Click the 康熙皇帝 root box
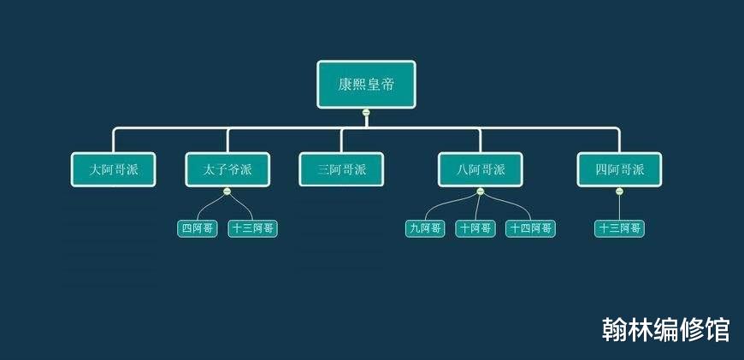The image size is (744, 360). click(x=366, y=85)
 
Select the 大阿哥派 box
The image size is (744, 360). click(x=114, y=169)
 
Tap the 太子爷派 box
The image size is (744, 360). click(x=227, y=169)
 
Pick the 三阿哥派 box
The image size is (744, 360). click(x=341, y=169)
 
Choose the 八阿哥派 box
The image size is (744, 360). click(x=481, y=169)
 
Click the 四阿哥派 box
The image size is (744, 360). click(x=619, y=169)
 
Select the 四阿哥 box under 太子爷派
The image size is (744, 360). click(x=198, y=228)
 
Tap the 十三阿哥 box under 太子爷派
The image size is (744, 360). click(x=252, y=228)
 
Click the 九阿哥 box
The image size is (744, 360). click(x=425, y=228)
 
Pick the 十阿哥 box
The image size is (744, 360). click(x=475, y=228)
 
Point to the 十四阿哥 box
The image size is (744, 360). click(x=530, y=228)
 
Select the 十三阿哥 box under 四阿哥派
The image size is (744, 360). click(x=619, y=228)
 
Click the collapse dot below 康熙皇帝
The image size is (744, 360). click(x=366, y=112)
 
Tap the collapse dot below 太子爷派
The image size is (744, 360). click(x=227, y=191)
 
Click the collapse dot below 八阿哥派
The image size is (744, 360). click(x=481, y=191)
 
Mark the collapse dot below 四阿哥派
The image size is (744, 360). click(x=619, y=191)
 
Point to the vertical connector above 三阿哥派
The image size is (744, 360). click(x=341, y=140)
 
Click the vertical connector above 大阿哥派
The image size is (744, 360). click(x=114, y=140)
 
